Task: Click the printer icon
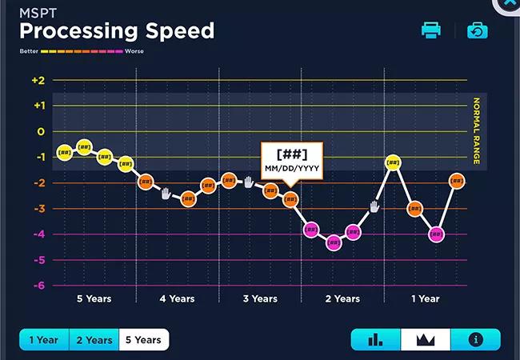click(431, 30)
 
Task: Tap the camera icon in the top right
click(478, 30)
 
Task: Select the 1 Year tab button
click(44, 340)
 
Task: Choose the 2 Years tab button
click(94, 340)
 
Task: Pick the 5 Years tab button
click(143, 340)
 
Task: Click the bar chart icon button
click(375, 339)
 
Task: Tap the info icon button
click(476, 339)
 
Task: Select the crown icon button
click(426, 339)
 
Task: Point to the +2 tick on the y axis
click(38, 80)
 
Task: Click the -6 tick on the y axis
click(38, 286)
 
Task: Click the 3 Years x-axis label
click(259, 299)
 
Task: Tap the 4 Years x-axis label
click(177, 299)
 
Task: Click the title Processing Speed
click(117, 31)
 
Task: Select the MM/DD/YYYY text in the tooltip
click(291, 168)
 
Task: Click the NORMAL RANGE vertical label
click(477, 131)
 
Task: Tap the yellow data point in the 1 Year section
click(393, 162)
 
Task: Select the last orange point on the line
click(457, 181)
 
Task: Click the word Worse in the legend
click(134, 51)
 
